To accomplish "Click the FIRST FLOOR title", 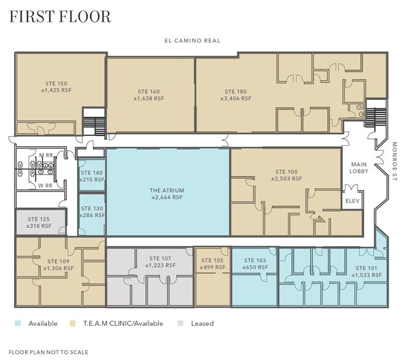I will [60, 17].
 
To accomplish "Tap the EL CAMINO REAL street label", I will [192, 40].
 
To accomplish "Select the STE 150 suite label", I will [56, 83].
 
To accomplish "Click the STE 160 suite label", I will [149, 91].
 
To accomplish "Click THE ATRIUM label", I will [166, 190].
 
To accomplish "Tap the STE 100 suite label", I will [286, 171].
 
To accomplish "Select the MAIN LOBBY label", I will [357, 169].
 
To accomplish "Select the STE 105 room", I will [212, 264].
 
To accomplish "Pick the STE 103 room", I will [255, 264].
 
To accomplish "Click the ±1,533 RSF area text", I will [367, 276].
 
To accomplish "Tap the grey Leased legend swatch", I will [180, 323].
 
